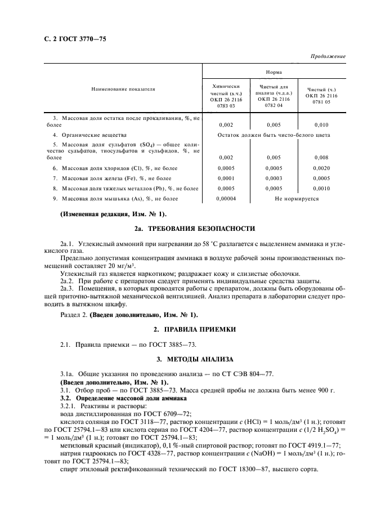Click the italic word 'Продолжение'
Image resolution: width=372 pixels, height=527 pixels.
click(x=329, y=57)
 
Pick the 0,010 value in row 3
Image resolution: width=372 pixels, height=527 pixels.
click(x=321, y=125)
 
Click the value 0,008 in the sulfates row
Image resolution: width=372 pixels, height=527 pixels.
click(x=321, y=158)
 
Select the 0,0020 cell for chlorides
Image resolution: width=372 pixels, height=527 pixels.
click(x=321, y=168)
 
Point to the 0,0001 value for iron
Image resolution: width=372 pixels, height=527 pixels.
click(x=226, y=178)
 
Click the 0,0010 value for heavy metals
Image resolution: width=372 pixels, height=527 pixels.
click(x=321, y=189)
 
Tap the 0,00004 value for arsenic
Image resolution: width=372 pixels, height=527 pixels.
click(x=226, y=199)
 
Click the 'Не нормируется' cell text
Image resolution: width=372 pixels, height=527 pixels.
click(x=297, y=199)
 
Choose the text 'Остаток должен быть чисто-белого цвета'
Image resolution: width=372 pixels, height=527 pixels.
click(x=274, y=135)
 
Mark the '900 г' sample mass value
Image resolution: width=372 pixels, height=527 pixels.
click(x=325, y=389)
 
